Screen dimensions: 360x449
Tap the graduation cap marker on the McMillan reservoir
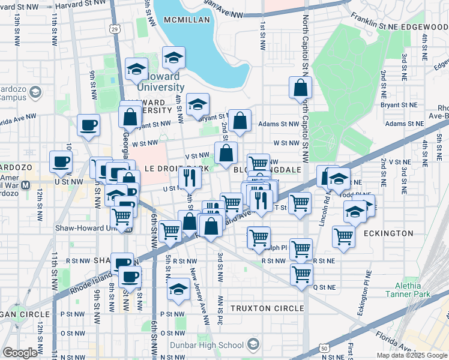coord(173,58)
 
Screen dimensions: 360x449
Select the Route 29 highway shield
coord(115,28)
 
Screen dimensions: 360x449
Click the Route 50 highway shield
coord(324,347)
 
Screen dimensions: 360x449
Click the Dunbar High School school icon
coord(253,344)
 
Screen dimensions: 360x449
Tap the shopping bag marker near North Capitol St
coord(300,88)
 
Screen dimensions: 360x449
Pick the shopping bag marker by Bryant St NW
coord(240,121)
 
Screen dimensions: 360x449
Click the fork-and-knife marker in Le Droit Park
coord(188,178)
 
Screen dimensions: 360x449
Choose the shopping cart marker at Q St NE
coord(301,274)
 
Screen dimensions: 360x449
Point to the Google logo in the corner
coord(20,352)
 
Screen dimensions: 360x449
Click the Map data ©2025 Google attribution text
coord(412,355)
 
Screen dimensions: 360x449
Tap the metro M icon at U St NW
coord(25,185)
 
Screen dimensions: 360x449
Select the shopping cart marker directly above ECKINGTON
coord(343,236)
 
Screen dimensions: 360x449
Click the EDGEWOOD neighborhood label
coord(427,27)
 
